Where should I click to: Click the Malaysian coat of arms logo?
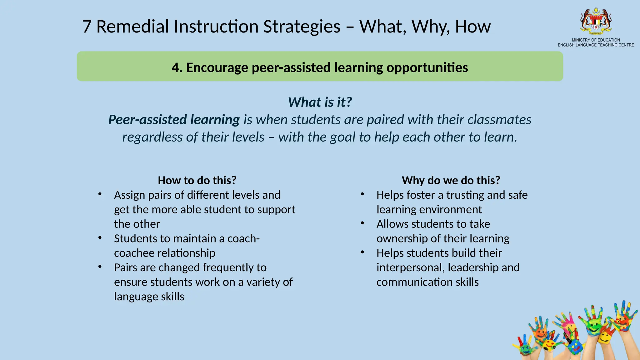(596, 21)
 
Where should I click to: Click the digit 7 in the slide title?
(87, 27)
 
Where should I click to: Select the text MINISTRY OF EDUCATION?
(596, 40)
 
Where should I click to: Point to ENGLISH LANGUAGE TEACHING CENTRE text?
(596, 45)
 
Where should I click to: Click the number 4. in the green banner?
(177, 67)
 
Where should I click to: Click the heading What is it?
(320, 102)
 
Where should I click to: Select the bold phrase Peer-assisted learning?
(174, 120)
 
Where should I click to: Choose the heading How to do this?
(197, 180)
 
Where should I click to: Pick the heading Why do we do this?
(451, 180)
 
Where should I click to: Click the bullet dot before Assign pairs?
(100, 194)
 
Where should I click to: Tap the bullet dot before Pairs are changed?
(100, 267)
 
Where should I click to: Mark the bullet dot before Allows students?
(362, 223)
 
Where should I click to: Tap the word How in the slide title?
(472, 27)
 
